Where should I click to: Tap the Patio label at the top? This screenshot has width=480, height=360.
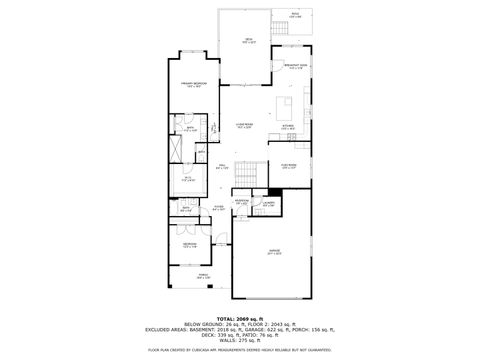(x=294, y=16)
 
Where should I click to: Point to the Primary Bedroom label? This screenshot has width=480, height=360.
(x=192, y=85)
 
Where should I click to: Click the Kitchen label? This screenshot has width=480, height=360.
(x=287, y=127)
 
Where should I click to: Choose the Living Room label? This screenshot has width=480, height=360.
(x=243, y=126)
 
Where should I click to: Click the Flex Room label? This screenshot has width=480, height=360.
(x=289, y=166)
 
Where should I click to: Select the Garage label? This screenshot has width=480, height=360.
(x=272, y=253)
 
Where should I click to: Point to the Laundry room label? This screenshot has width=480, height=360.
(x=269, y=204)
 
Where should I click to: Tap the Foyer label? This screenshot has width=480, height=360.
(x=217, y=209)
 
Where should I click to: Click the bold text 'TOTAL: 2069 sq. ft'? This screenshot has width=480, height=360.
(x=239, y=317)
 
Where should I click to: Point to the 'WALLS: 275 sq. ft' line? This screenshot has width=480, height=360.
(x=239, y=339)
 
